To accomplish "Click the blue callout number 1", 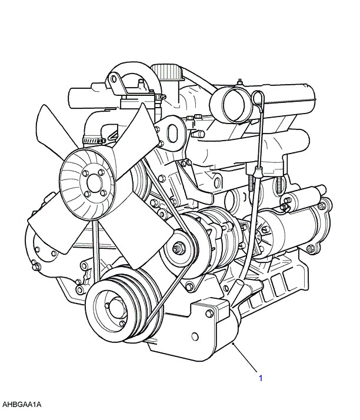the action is [261, 378].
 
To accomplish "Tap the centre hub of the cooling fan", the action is [95, 183].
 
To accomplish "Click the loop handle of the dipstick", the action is [258, 98].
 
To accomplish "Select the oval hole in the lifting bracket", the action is [172, 134].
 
